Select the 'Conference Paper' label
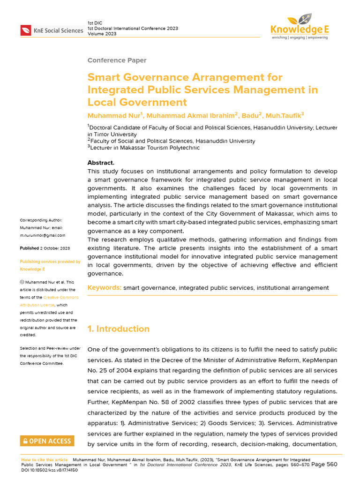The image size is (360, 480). (x=117, y=60)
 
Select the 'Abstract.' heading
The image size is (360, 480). (x=101, y=163)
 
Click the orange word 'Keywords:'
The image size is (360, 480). (x=105, y=288)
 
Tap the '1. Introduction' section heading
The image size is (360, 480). (x=119, y=329)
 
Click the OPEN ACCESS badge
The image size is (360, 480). (x=46, y=441)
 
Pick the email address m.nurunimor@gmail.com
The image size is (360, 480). (x=43, y=235)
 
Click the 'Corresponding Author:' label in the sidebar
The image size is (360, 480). (x=41, y=220)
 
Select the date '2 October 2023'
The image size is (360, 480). (x=55, y=248)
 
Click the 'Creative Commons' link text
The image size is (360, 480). (x=61, y=298)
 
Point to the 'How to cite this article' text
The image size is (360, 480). (x=45, y=460)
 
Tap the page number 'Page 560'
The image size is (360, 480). (x=324, y=464)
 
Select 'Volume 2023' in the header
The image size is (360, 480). (x=102, y=34)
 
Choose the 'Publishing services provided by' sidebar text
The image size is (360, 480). (x=50, y=262)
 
